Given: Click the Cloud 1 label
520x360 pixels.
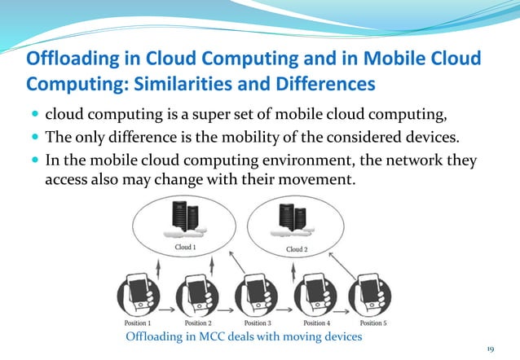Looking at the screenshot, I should pyautogui.click(x=185, y=247).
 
